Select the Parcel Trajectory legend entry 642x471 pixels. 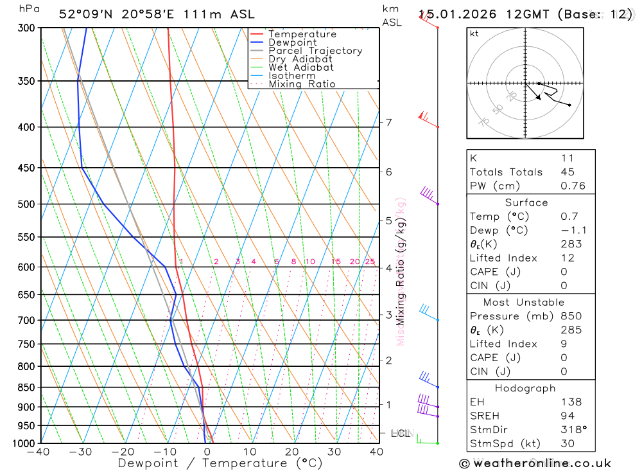tap(315, 51)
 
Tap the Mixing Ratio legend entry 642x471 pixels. tap(302, 84)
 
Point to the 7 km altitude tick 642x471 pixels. tap(388, 122)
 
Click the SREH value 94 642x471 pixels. tap(568, 416)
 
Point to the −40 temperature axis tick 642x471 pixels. tap(39, 452)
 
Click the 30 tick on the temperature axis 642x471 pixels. tap(334, 452)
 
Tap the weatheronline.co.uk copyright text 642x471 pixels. tap(535, 463)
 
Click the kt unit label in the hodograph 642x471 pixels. tap(474, 34)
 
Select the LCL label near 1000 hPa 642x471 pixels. tap(400, 434)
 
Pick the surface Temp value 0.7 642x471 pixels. tap(569, 217)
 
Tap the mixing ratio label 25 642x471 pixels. tap(370, 262)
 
